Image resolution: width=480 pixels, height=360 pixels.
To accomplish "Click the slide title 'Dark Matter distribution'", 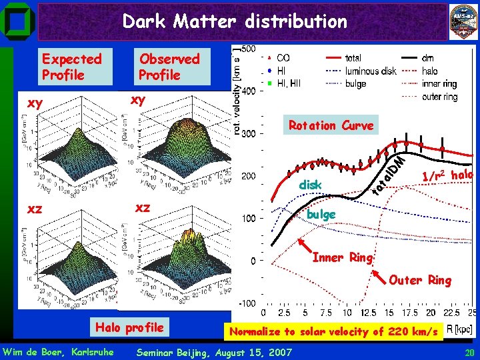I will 235,21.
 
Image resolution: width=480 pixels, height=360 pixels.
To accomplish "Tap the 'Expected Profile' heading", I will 71,67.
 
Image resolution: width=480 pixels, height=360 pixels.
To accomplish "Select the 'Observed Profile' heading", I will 169,67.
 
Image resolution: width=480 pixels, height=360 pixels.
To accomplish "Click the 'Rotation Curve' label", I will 331,125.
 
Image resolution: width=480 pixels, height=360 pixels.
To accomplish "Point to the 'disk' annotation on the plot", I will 310,184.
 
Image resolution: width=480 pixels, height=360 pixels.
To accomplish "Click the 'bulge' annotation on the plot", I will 321,215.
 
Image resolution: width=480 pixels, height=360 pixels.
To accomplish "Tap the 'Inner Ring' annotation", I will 343,257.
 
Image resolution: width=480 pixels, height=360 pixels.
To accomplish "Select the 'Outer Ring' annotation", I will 420,280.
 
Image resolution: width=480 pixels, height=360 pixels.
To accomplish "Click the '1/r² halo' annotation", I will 447,175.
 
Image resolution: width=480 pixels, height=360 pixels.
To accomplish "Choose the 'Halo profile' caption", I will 129,327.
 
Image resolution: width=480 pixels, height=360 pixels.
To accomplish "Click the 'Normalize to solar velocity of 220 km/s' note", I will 333,331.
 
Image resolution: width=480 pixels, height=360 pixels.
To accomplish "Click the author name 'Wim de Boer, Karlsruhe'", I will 58,352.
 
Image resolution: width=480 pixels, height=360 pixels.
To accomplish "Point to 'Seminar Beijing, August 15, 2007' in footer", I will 213,352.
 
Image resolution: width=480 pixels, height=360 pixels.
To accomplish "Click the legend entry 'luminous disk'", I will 371,71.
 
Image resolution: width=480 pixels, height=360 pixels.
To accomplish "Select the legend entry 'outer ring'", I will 440,97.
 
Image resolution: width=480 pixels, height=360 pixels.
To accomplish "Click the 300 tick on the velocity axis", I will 247,134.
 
